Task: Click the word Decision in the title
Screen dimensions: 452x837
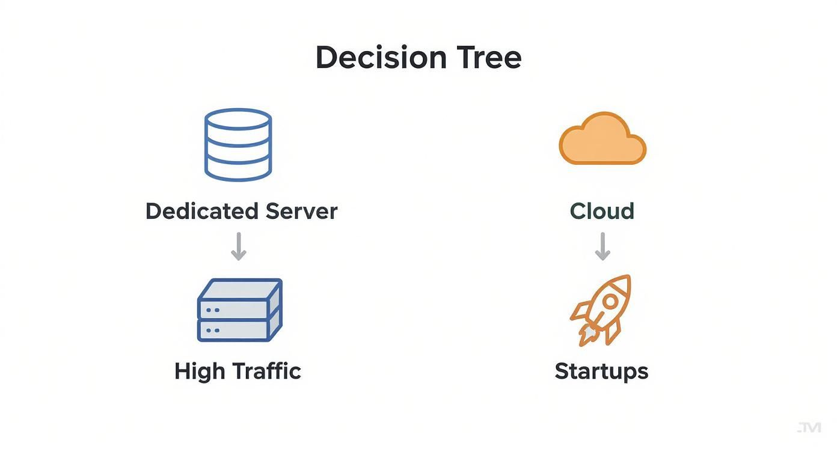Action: point(381,58)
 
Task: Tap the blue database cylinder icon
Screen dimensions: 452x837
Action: point(238,144)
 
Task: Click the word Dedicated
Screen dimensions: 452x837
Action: point(201,211)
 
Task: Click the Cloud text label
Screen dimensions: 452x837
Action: point(602,211)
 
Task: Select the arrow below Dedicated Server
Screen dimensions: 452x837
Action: point(239,246)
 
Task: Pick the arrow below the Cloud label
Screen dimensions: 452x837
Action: point(602,246)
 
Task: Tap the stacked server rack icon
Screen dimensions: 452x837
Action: point(239,310)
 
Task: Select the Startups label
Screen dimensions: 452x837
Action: point(601,371)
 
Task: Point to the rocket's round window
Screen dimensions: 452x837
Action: point(609,299)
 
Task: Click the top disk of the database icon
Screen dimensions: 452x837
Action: point(238,118)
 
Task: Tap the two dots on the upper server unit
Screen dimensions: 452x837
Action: point(212,310)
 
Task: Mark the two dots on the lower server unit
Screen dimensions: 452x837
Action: point(212,331)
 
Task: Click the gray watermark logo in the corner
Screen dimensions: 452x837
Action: point(809,428)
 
